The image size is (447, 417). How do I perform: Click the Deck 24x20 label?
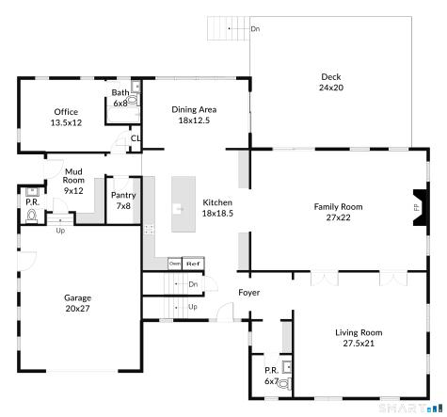click(x=330, y=83)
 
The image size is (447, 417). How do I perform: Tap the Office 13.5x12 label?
click(x=66, y=117)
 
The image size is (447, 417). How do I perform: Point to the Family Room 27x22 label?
click(x=338, y=212)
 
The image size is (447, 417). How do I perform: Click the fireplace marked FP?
click(x=421, y=208)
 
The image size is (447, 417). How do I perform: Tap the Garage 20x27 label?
click(x=77, y=302)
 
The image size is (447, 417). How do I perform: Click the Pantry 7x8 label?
click(x=123, y=200)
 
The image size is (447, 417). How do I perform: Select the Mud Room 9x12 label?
click(x=73, y=181)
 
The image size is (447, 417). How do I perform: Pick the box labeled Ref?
click(x=193, y=264)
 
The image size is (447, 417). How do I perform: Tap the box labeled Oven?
click(x=174, y=264)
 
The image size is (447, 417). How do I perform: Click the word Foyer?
click(x=248, y=293)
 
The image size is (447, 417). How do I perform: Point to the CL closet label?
click(x=135, y=138)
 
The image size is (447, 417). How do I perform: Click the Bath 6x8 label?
click(x=120, y=98)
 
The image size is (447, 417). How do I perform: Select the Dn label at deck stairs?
click(x=255, y=29)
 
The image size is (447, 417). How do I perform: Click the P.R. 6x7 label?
click(x=271, y=376)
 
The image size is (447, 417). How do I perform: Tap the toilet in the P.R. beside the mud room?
click(x=32, y=216)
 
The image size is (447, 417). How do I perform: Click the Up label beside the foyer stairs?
click(x=193, y=307)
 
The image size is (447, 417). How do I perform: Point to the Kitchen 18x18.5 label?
click(x=217, y=208)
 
